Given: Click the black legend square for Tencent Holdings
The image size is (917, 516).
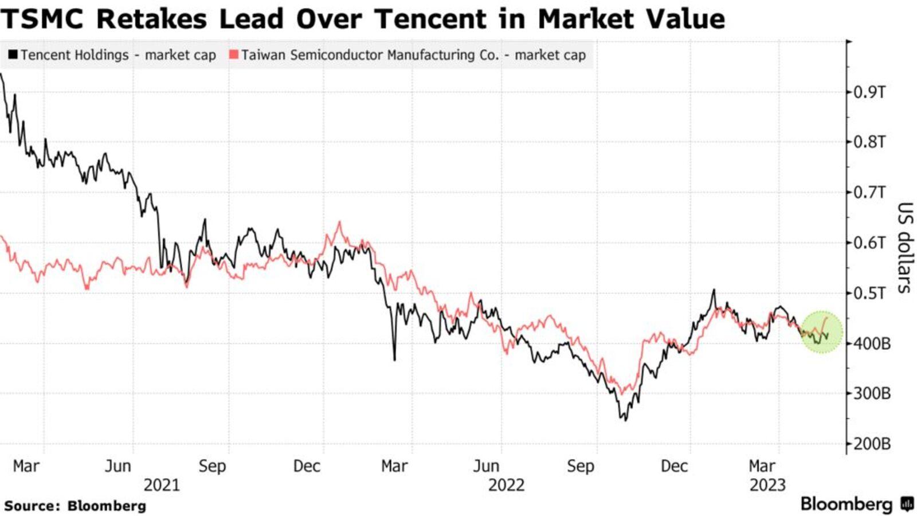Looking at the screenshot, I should [x=13, y=55].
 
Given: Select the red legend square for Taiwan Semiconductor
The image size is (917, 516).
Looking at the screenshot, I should [x=233, y=55].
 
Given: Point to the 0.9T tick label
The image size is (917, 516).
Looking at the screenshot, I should [x=869, y=92].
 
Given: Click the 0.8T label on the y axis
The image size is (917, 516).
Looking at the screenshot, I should [x=869, y=142].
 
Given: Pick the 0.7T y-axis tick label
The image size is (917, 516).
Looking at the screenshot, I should [x=869, y=192].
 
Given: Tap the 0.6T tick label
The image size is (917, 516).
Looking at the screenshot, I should [x=869, y=243].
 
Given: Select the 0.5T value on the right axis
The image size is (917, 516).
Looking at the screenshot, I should [x=869, y=293].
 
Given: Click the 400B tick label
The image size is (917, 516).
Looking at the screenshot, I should [x=872, y=343].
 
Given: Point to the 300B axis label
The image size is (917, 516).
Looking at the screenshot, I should [x=872, y=394].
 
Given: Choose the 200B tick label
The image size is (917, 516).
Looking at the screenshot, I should [x=872, y=444].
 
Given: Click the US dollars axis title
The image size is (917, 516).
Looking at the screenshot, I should [x=904, y=248].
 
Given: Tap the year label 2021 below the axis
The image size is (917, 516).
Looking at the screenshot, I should [x=161, y=485].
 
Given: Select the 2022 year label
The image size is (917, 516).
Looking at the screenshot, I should [x=506, y=485].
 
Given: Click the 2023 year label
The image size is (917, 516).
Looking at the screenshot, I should [x=767, y=485].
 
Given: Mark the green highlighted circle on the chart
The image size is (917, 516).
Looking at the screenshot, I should [x=821, y=332].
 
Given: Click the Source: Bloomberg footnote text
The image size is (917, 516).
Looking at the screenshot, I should [x=75, y=506].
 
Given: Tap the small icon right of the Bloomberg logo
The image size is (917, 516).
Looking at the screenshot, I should [x=907, y=505].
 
